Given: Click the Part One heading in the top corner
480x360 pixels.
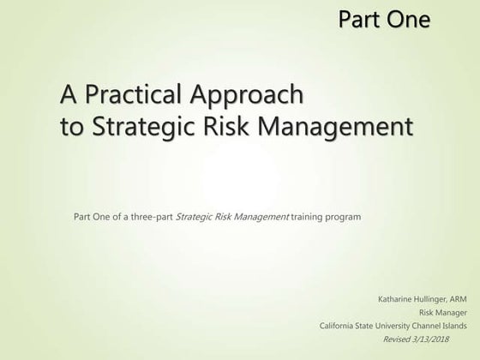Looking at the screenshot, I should coord(384,18).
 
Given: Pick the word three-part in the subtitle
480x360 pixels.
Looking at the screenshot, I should coord(152,217).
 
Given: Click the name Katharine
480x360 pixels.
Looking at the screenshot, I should coord(395,300).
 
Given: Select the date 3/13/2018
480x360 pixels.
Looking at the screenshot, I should coord(450,339).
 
